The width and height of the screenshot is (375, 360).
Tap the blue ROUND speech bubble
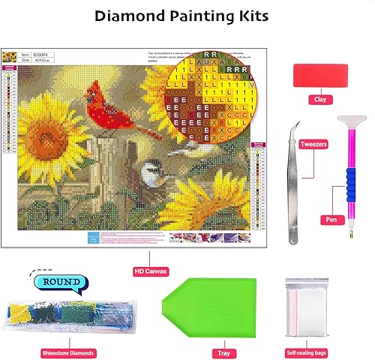pos(61,283)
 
